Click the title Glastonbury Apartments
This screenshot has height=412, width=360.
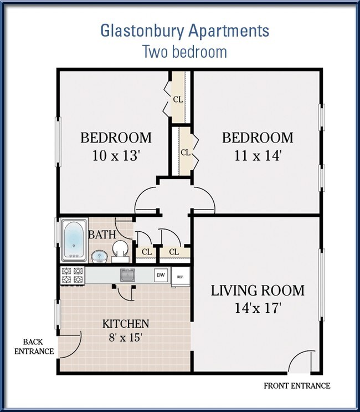(185, 31)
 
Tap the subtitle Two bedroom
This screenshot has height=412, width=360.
(184, 52)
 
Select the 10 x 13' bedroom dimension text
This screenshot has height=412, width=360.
(115, 156)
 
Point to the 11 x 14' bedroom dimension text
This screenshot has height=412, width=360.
(258, 156)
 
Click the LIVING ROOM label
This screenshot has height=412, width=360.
(258, 291)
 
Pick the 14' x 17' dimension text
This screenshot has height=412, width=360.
(258, 308)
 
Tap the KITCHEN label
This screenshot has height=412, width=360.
(126, 324)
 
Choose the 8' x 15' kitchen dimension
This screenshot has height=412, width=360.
(125, 337)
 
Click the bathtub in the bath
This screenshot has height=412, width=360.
(74, 240)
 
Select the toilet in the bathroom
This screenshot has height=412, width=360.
(120, 251)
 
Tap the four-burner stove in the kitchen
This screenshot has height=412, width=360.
(73, 276)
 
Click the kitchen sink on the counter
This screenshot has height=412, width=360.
(128, 275)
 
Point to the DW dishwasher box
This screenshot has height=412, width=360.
(161, 275)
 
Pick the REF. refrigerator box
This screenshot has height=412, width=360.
(180, 277)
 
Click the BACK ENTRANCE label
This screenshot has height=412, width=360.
(34, 347)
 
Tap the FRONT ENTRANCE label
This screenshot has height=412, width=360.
(297, 386)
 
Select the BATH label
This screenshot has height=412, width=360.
(102, 235)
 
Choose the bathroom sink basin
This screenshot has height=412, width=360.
(99, 256)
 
